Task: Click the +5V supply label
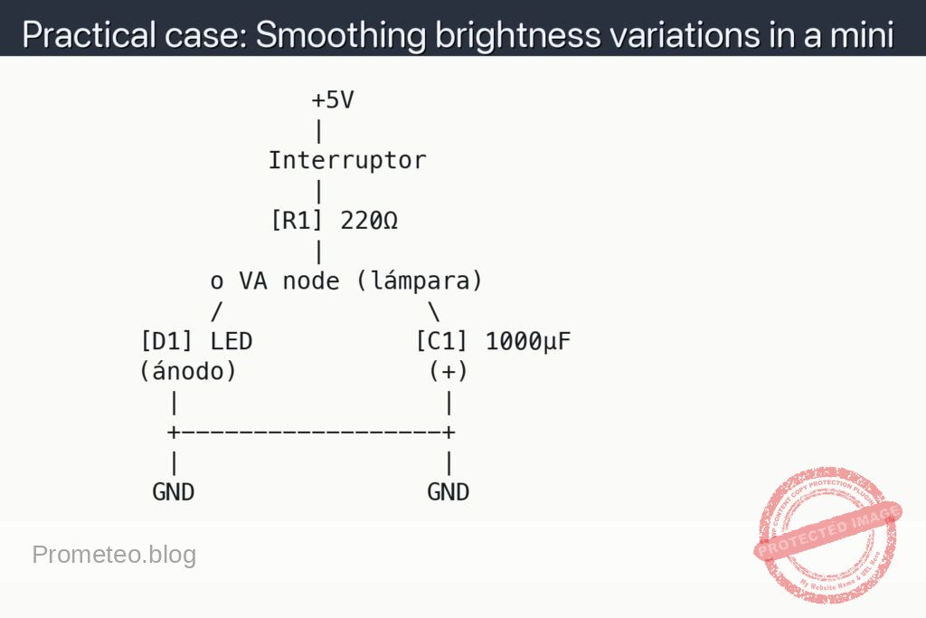pos(332,100)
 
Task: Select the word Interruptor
pos(347,161)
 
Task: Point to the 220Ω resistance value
pos(369,221)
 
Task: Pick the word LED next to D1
pos(231,341)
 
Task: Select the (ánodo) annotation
pos(188,371)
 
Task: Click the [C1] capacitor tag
pos(442,341)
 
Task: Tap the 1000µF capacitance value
pos(528,341)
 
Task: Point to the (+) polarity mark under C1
pos(449,371)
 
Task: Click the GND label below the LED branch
pos(173,492)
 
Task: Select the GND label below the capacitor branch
pos(449,492)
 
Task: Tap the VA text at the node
pos(253,281)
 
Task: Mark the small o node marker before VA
pos(217,283)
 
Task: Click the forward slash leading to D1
pos(217,311)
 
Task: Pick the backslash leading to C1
pos(434,311)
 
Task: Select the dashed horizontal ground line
pos(311,432)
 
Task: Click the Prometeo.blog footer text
pos(114,555)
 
